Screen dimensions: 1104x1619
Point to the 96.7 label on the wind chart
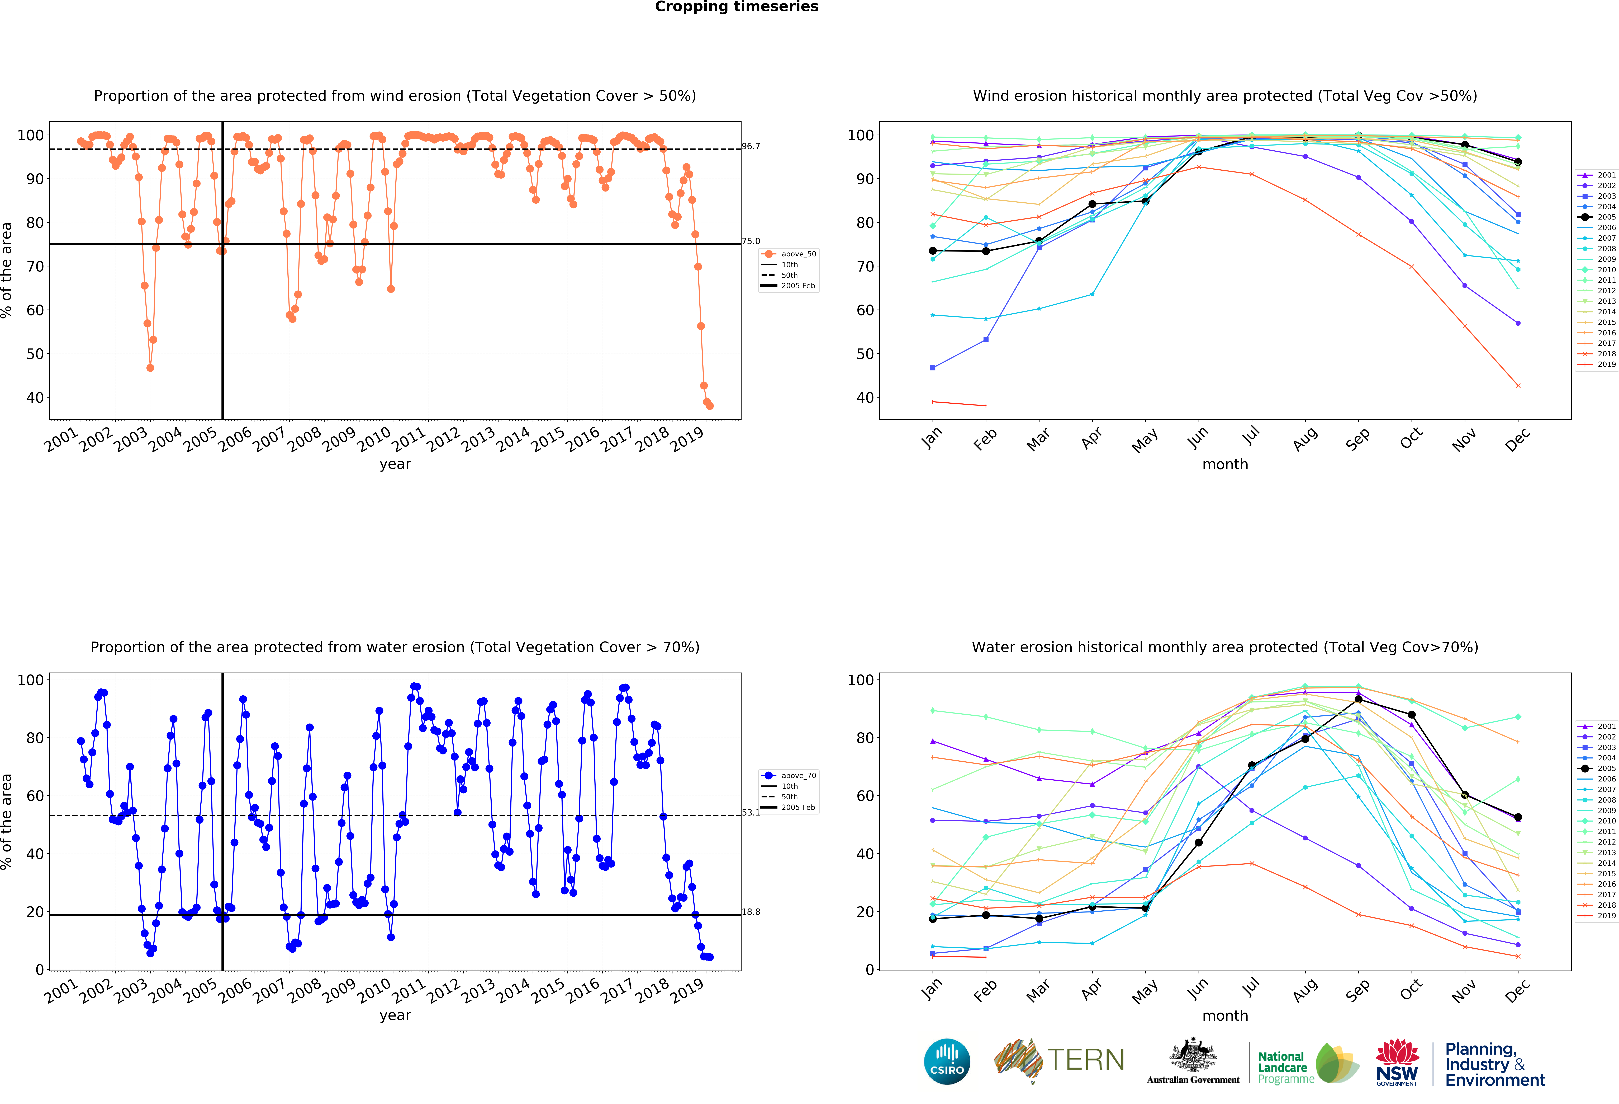pos(751,146)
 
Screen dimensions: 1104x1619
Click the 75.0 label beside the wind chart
pos(751,241)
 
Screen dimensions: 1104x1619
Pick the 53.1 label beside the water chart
pos(751,813)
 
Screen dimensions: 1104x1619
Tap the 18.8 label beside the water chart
pos(751,912)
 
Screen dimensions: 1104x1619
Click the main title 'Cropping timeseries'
pos(736,7)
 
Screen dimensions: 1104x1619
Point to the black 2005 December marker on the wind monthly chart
pos(1518,162)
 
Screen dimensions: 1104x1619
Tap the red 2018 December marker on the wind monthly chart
pos(1518,385)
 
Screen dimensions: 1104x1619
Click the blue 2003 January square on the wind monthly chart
pos(933,367)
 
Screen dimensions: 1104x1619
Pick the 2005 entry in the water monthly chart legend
pos(1597,768)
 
